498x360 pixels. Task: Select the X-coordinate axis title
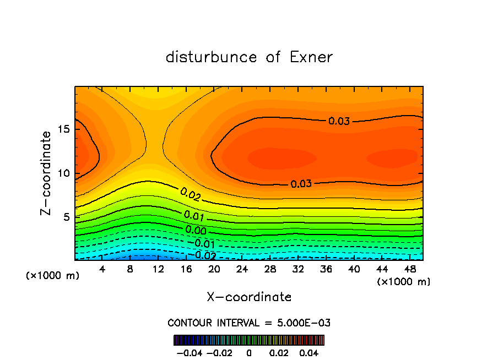249,297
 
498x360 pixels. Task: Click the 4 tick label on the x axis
102,269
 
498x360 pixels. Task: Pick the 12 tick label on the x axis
158,269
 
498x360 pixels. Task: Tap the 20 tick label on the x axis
214,269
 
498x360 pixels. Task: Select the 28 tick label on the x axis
270,269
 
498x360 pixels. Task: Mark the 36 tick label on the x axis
326,269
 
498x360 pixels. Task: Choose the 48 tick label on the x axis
409,269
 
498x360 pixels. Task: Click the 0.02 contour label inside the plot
190,194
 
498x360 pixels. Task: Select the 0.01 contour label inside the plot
194,215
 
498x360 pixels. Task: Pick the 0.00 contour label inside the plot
196,230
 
